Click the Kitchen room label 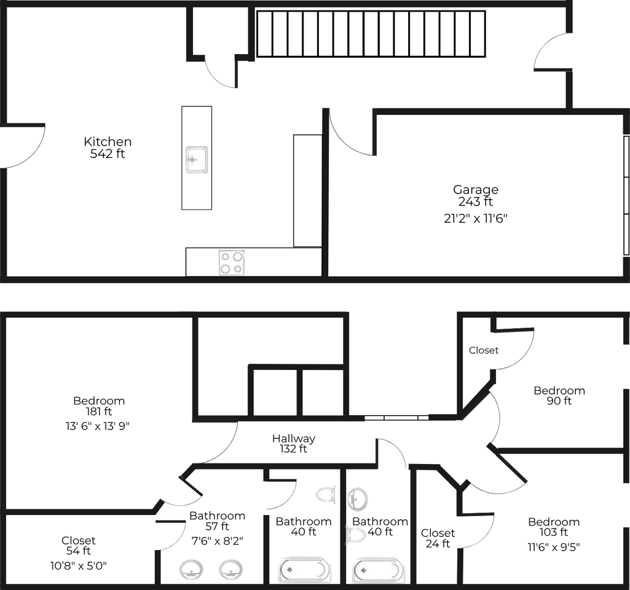pos(108,147)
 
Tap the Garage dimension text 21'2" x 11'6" pos(476,219)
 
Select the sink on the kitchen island pos(197,160)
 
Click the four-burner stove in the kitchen pos(232,262)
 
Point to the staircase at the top pos(371,34)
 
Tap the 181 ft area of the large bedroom pos(99,411)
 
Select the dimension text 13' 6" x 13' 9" pos(98,426)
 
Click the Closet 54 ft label pos(78,545)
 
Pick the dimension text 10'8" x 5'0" pos(78,566)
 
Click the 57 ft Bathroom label pos(218,521)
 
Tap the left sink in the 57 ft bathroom pos(191,570)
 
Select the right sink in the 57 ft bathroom pos(230,570)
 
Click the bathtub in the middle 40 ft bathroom pos(305,570)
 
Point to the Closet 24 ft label pos(438,538)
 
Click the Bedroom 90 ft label pos(559,396)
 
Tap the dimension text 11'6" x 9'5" pos(554,547)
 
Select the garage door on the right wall pos(626,195)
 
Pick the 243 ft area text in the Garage pos(476,201)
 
